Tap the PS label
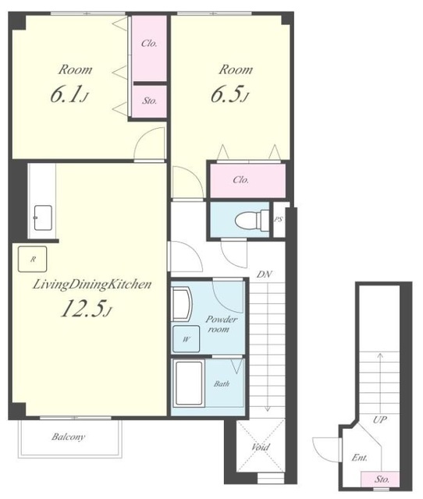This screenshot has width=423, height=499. pos(279,219)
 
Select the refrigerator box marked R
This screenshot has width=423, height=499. pos(33,259)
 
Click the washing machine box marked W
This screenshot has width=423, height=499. pos(186,339)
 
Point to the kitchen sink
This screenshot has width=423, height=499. pos(43,218)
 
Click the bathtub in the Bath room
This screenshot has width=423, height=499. pos(189,384)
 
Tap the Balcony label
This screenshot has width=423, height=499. pos(69,437)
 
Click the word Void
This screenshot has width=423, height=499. pos(261,447)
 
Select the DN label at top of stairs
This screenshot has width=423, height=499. pos(265,274)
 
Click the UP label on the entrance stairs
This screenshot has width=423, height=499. pos(380,419)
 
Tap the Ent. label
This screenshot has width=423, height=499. pos(360,458)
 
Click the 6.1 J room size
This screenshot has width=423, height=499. pos(69,94)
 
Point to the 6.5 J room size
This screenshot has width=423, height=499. pos(229,94)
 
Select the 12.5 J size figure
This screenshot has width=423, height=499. pos(87,309)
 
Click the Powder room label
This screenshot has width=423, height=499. pos(221,324)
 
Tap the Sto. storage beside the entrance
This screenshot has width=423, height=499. pos(380,480)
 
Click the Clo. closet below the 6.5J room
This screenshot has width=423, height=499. pos(247,180)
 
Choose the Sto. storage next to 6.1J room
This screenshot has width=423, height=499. pos(149,101)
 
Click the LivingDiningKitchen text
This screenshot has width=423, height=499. pos(92,285)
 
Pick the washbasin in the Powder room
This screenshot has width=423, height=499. pos(182,304)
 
